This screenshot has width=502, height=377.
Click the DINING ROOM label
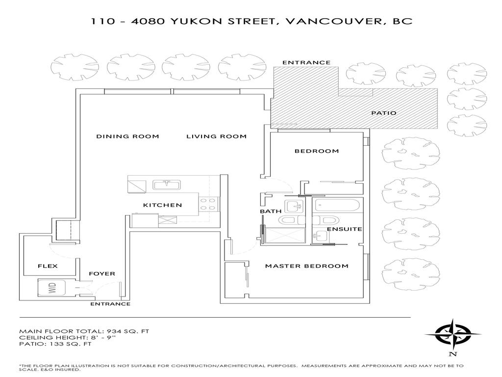click(x=127, y=136)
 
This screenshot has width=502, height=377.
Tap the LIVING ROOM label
click(x=216, y=136)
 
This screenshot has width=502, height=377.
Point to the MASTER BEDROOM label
click(x=306, y=266)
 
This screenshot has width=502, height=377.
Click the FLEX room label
click(x=48, y=266)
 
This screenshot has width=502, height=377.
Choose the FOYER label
click(x=102, y=273)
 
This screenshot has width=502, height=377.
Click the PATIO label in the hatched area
click(x=383, y=113)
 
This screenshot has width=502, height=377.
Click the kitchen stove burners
click(x=208, y=204)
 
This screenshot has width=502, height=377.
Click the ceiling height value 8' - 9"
click(x=97, y=338)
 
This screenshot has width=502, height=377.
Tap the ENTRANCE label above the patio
click(x=306, y=63)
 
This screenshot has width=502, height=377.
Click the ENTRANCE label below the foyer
click(x=110, y=304)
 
